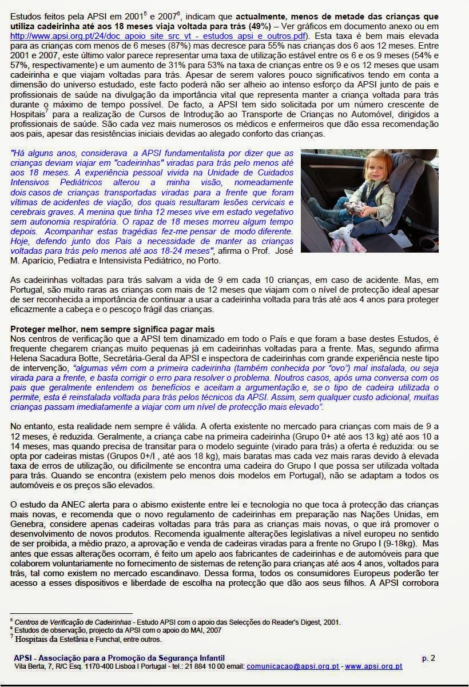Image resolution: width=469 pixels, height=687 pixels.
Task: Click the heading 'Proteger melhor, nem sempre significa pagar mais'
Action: (x=113, y=329)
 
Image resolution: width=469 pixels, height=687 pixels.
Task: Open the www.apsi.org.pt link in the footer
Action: (x=373, y=666)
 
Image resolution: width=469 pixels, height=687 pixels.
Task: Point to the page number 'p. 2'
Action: (x=428, y=658)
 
